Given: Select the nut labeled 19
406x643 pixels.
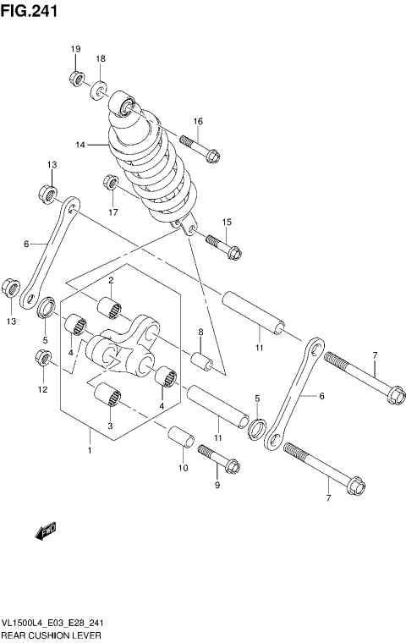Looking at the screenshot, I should coord(75,80).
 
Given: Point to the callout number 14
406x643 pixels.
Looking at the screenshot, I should coord(80,145).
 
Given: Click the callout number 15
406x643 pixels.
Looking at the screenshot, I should coord(227,222).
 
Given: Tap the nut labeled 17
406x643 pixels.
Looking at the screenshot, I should coord(109,182).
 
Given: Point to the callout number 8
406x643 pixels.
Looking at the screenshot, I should coord(200,332).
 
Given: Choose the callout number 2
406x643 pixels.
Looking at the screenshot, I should coord(110,280).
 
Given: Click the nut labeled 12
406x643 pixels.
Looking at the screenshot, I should coord(42,360).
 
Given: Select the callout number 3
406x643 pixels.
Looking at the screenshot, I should coord(110,427).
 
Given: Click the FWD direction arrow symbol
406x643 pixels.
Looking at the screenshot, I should coord(45,531).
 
